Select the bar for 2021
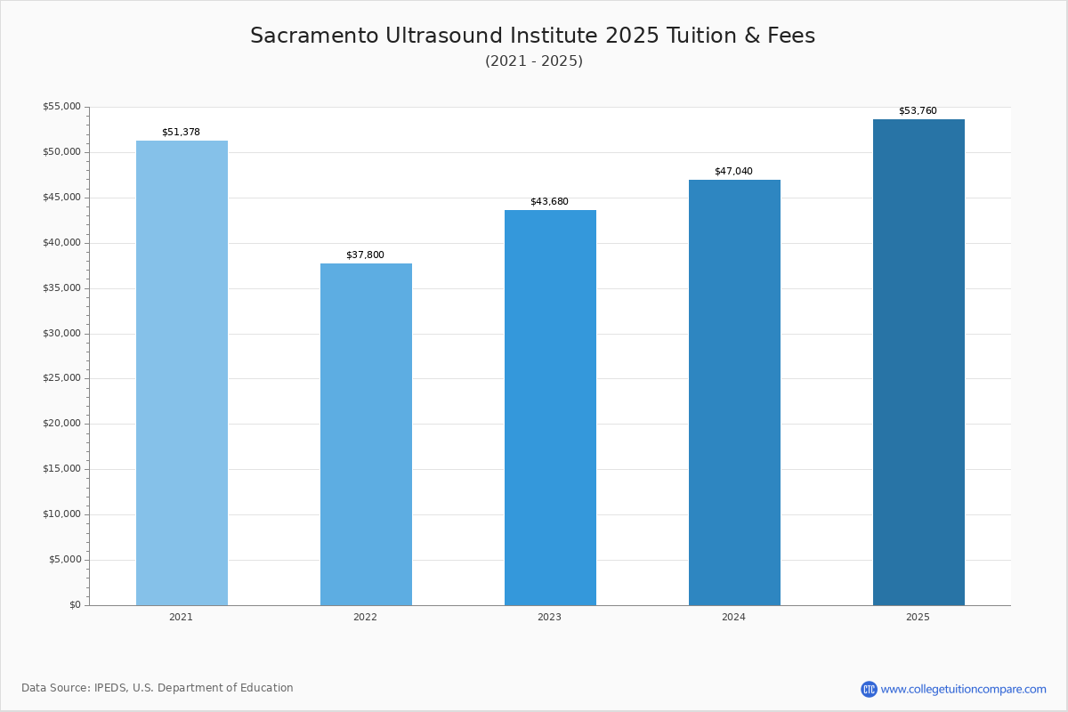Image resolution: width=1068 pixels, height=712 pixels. click(x=182, y=373)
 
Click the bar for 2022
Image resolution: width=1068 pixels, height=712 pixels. click(x=366, y=434)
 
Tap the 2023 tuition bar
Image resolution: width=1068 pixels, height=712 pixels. click(x=550, y=408)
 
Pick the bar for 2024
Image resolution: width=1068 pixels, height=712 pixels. click(x=735, y=392)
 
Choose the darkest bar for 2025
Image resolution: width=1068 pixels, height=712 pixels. click(x=918, y=362)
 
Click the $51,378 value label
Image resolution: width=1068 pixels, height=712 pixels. click(x=182, y=132)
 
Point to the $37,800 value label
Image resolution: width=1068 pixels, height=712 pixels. click(x=365, y=255)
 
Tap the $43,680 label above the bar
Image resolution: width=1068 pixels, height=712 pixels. click(x=550, y=202)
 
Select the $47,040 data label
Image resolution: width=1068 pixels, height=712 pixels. click(x=733, y=171)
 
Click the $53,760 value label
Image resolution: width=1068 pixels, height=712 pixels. click(x=918, y=110)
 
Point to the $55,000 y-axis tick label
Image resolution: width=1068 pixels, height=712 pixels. click(x=62, y=106)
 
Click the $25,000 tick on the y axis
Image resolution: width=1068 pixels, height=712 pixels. click(x=62, y=378)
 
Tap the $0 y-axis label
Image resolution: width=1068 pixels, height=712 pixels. click(x=76, y=605)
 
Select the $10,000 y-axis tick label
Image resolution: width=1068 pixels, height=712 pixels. click(x=62, y=514)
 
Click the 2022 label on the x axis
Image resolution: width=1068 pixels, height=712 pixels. click(x=365, y=617)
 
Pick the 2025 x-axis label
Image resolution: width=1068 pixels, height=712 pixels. click(x=918, y=617)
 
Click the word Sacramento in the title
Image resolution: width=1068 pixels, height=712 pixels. click(x=315, y=36)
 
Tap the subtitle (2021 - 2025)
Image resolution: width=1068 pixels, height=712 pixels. click(x=534, y=61)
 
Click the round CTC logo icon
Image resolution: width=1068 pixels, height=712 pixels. click(x=869, y=689)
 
